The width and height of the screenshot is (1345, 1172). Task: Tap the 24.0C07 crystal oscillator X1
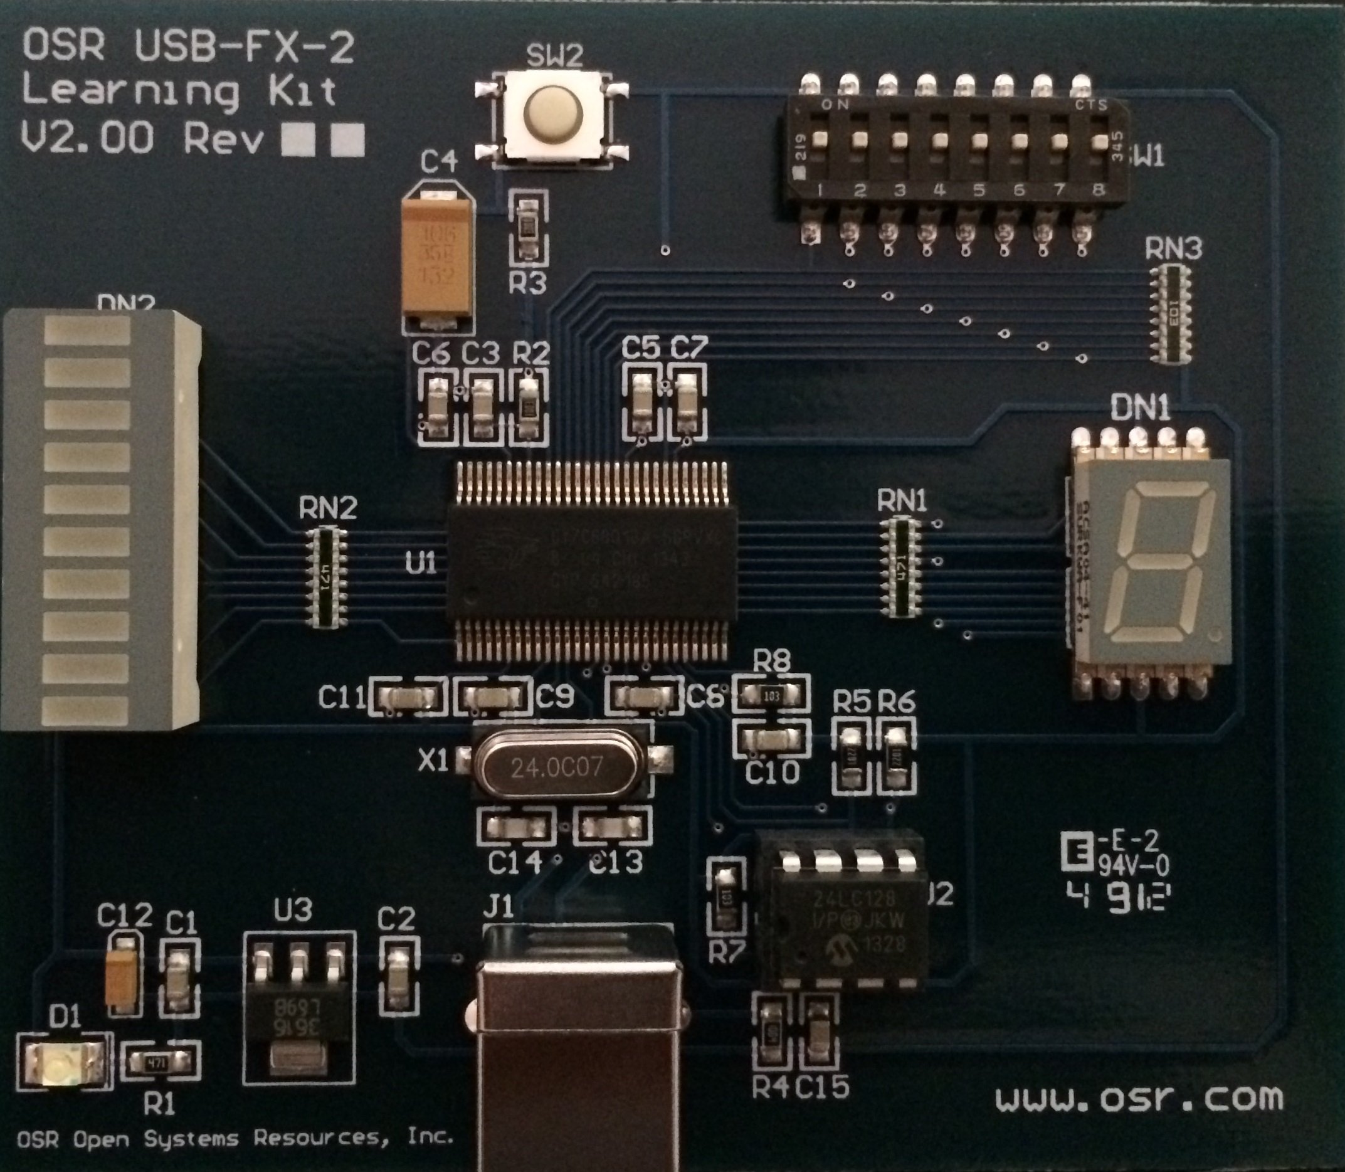click(556, 766)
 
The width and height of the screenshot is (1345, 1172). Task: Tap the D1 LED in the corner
click(63, 1067)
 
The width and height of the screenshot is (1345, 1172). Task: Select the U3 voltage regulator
click(299, 1007)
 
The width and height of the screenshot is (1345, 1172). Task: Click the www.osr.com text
click(1138, 1098)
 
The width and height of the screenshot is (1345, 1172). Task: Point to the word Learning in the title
click(131, 91)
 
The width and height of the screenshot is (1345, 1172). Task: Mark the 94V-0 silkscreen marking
click(1133, 867)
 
